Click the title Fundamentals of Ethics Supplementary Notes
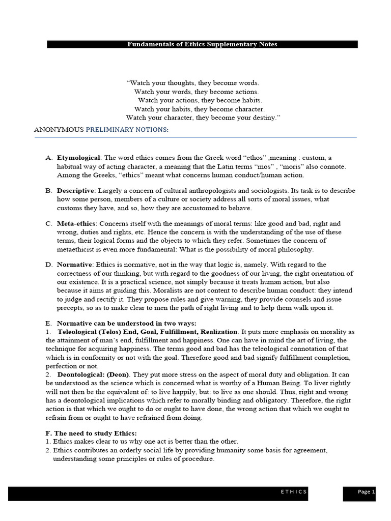tap(202, 44)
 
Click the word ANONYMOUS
tap(59, 130)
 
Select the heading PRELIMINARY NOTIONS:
tap(127, 130)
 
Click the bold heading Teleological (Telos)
tap(92, 332)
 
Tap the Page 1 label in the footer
tap(366, 492)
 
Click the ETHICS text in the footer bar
tap(294, 492)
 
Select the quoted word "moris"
tap(273, 166)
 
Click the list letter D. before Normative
tap(48, 265)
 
